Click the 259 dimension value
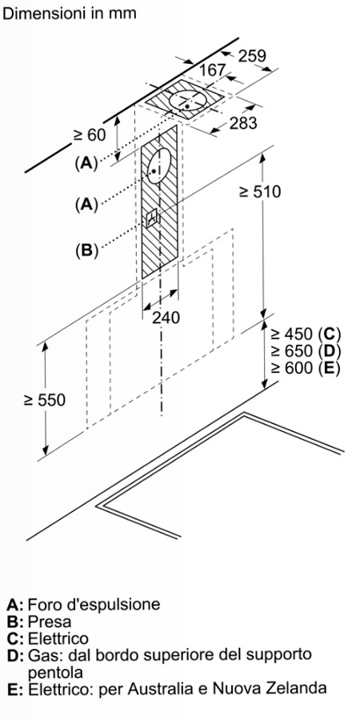coord(252,55)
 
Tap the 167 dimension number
coord(213,70)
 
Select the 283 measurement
coord(243,123)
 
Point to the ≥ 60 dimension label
coord(89,135)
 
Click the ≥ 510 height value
coord(260,191)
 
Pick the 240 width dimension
coord(166,318)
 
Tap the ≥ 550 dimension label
coord(45,401)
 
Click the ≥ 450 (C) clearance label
coord(305,334)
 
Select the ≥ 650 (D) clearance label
coord(305,351)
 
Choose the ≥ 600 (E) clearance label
coord(305,368)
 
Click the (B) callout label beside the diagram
coord(87,250)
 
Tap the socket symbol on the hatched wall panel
coord(152,218)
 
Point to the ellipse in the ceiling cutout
coord(188,101)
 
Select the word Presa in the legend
coord(50,622)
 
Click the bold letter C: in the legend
coord(15,638)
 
